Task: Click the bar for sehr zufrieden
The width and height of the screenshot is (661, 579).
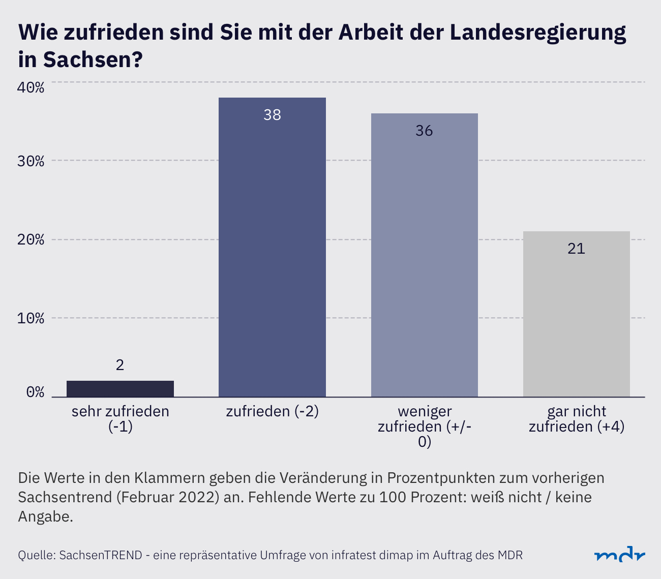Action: click(x=120, y=388)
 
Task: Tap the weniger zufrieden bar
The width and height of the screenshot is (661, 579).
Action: click(x=424, y=255)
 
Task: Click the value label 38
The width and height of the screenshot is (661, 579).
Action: click(x=272, y=115)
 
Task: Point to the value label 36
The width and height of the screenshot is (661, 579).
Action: click(x=424, y=131)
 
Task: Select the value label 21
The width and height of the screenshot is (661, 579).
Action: click(x=576, y=249)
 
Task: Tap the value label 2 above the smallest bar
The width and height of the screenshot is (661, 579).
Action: click(x=120, y=365)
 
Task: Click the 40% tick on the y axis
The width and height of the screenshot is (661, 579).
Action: click(x=31, y=87)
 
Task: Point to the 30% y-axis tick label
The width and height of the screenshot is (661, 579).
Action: click(x=31, y=161)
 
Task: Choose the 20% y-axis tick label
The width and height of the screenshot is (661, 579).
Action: click(x=31, y=240)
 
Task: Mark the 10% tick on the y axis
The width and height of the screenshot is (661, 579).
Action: click(x=31, y=319)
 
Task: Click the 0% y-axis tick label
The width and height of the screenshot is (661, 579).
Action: click(x=35, y=392)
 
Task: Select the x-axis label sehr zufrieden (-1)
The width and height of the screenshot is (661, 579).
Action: click(x=120, y=419)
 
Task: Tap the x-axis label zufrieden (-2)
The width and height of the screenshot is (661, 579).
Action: click(x=272, y=411)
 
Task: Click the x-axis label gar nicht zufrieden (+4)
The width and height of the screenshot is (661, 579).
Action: click(x=576, y=419)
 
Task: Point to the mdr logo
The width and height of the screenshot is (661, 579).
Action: click(x=620, y=555)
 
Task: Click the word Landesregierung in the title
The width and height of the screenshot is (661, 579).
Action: click(x=538, y=33)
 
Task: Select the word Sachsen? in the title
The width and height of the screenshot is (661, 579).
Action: click(x=92, y=60)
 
